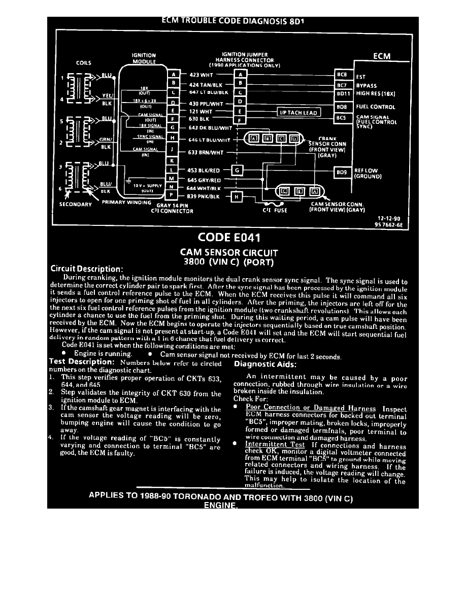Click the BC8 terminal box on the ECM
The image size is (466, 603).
(342, 74)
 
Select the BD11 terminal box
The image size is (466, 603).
(342, 93)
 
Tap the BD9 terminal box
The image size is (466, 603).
(342, 172)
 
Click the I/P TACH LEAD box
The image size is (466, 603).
(298, 112)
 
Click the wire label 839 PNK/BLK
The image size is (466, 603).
(203, 195)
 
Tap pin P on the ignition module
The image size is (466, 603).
(173, 195)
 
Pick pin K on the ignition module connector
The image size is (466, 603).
(173, 160)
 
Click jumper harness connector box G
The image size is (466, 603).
(238, 170)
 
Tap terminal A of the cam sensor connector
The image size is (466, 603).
(314, 191)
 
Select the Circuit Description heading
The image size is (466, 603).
(87, 269)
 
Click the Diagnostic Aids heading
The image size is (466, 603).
(265, 363)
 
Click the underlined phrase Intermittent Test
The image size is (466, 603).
(275, 444)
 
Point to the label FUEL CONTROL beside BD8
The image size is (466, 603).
(376, 107)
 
